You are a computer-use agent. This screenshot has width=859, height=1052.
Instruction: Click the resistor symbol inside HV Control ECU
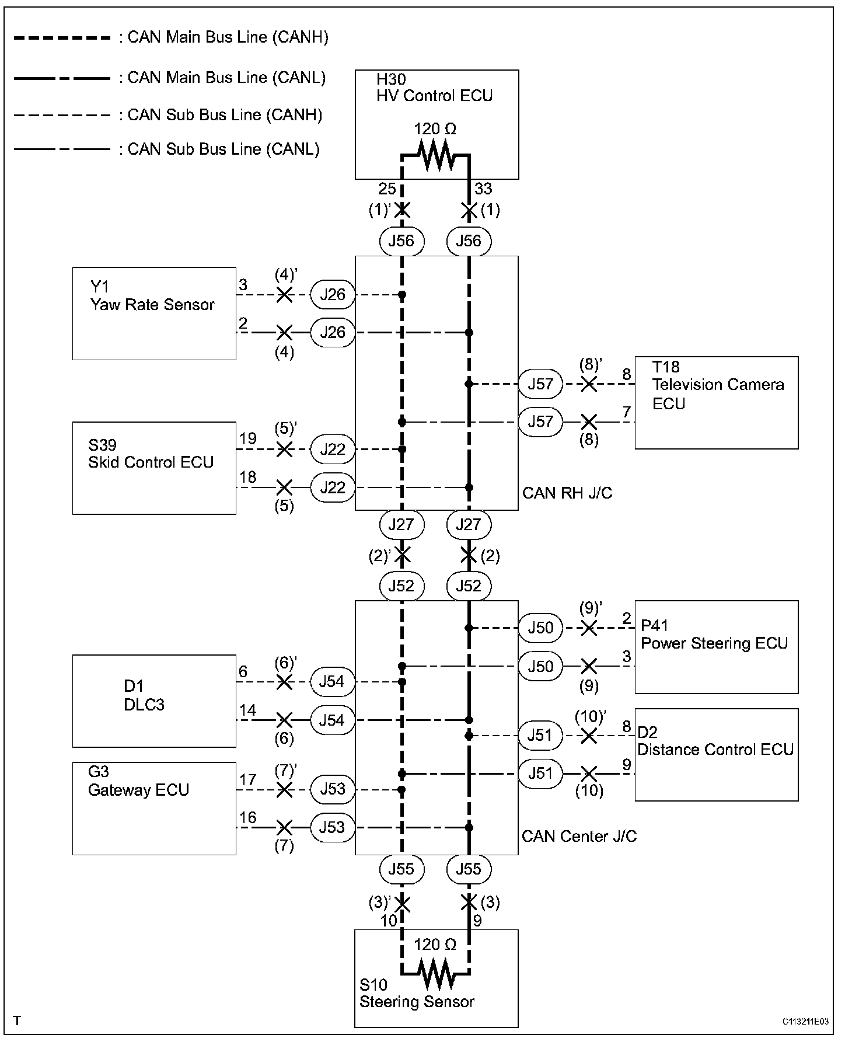(x=435, y=156)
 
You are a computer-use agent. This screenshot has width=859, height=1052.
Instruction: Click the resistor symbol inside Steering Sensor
(x=435, y=973)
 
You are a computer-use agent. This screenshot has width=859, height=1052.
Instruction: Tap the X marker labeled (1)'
(x=401, y=210)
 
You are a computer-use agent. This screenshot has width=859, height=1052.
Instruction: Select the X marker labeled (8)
(x=589, y=422)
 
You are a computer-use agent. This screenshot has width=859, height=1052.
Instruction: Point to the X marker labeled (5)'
(x=284, y=450)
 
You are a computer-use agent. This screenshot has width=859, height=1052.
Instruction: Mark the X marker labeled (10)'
(x=589, y=736)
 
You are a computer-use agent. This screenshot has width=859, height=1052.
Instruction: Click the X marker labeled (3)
(x=469, y=903)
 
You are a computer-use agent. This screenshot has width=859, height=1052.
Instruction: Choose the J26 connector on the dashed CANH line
(x=333, y=295)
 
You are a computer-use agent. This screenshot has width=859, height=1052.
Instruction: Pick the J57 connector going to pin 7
(x=540, y=422)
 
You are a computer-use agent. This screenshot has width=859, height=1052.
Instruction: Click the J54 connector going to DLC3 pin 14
(x=332, y=720)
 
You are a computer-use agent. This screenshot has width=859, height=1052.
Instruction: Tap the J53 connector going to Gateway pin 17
(x=332, y=789)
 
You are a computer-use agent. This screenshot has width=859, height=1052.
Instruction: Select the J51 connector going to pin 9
(x=540, y=774)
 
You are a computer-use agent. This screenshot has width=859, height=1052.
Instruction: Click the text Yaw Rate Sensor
(x=152, y=305)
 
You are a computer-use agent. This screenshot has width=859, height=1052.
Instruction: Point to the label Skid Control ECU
(x=151, y=462)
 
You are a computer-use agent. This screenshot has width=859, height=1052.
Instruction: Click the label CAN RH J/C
(x=567, y=493)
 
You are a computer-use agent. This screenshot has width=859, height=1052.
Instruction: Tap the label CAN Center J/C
(x=579, y=837)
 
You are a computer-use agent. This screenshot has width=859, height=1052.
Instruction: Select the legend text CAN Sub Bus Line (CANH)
(x=225, y=115)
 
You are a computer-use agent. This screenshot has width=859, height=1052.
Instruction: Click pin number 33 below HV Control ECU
(x=483, y=189)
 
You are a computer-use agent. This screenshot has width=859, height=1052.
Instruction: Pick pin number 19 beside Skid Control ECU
(x=248, y=438)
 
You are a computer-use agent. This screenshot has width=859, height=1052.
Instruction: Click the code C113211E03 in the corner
(x=805, y=1022)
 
